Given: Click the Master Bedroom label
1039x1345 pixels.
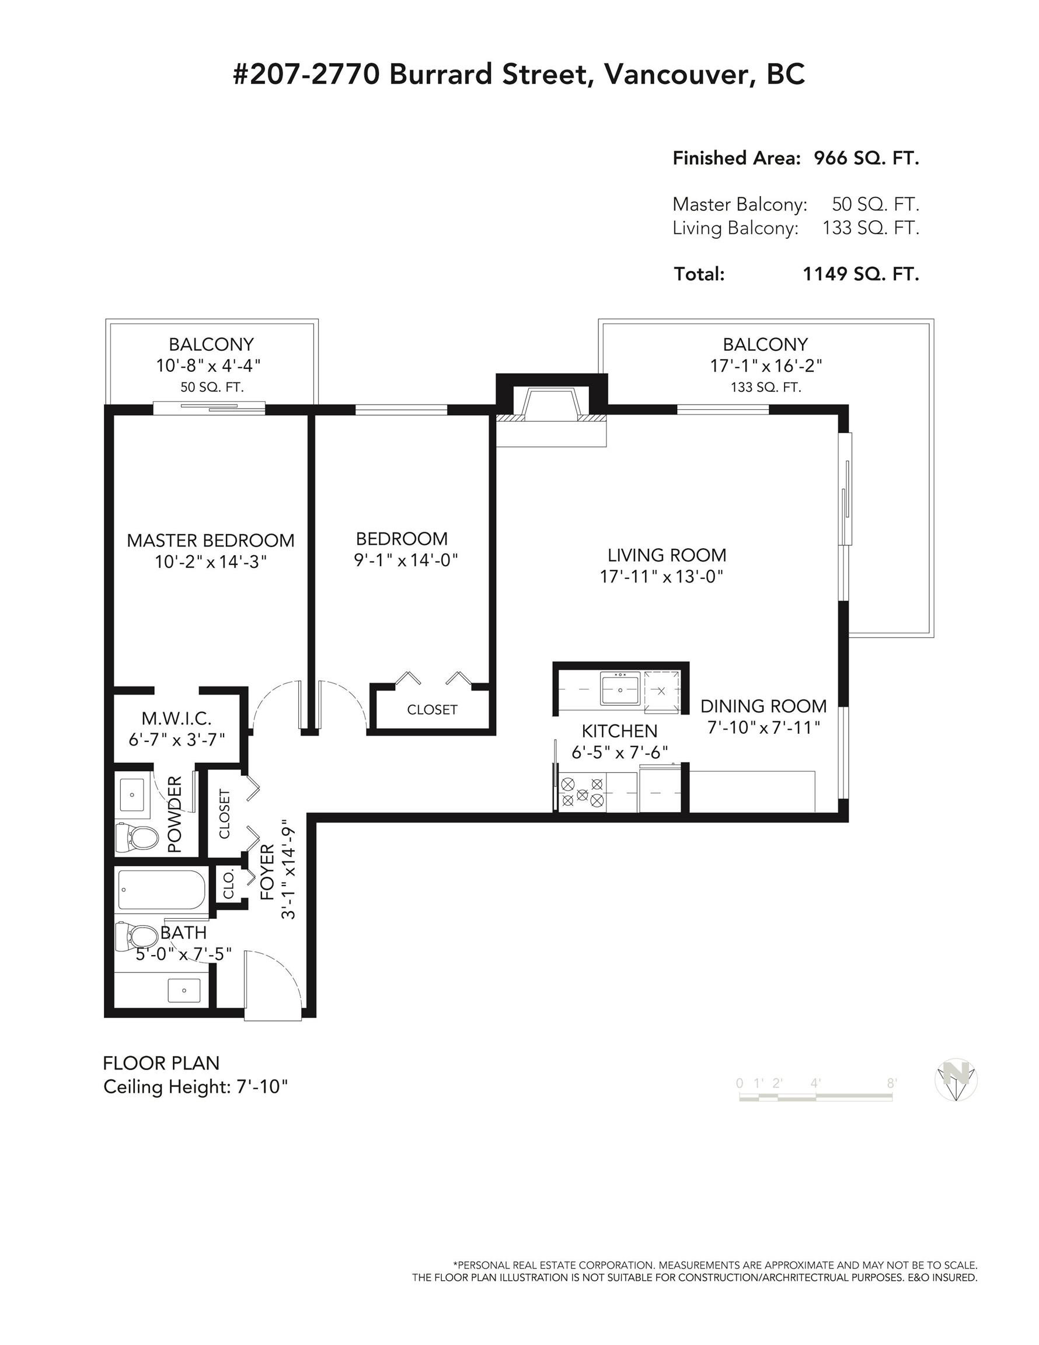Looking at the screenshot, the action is point(211,540).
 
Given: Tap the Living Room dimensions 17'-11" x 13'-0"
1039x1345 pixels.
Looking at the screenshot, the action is point(661,576).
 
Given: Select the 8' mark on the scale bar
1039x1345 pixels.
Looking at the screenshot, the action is point(891,1083).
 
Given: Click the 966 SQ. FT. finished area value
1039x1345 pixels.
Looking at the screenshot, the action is point(867,158).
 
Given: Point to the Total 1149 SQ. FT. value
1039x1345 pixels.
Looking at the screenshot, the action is point(860,274).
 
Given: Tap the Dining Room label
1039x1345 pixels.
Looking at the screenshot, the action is point(763,706).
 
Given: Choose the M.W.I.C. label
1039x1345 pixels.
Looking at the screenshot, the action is point(177,718).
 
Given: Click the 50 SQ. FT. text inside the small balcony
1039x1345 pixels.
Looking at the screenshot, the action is point(212,388).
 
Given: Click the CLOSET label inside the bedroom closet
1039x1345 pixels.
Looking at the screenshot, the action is point(433,709).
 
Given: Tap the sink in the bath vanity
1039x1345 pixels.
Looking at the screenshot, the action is point(185,991).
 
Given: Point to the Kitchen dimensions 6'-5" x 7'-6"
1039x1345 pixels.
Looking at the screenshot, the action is point(619,752).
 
